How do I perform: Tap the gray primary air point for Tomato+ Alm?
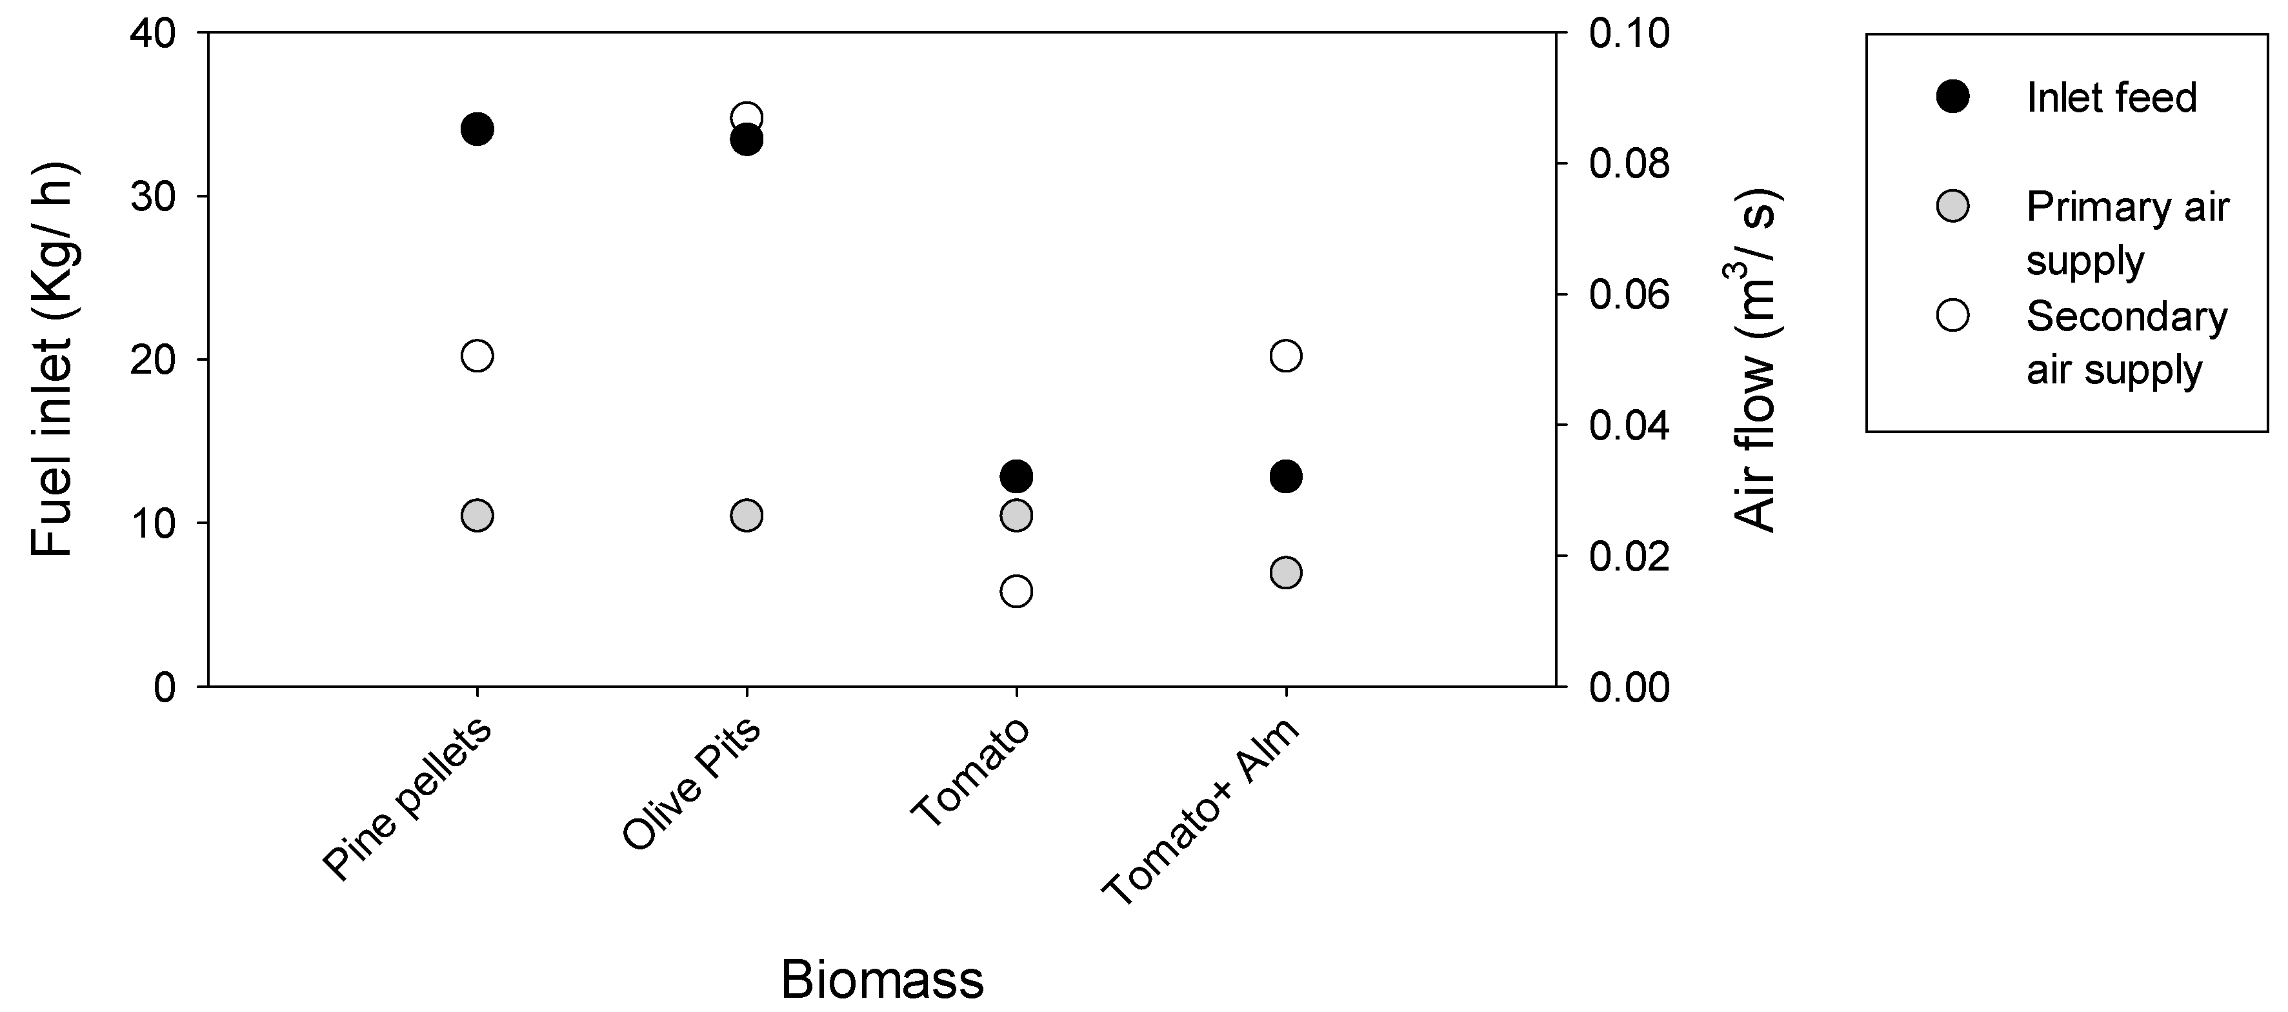tap(1286, 573)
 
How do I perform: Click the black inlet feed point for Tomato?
tap(1016, 476)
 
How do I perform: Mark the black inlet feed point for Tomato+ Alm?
tap(1286, 476)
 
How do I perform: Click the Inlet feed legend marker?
tap(1953, 97)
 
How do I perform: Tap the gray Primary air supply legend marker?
tap(1953, 206)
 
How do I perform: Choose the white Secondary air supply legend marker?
tap(1953, 316)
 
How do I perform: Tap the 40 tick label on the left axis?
tap(153, 34)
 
